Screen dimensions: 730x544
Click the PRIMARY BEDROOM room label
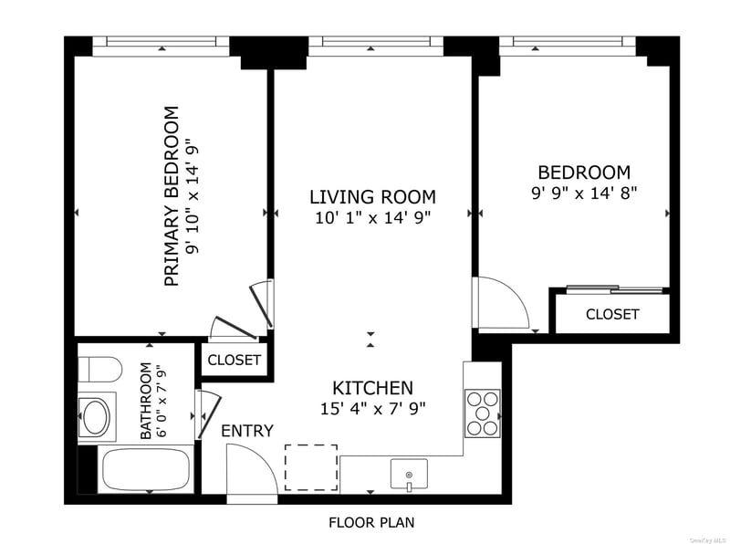pyautogui.click(x=172, y=196)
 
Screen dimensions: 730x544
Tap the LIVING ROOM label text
pyautogui.click(x=373, y=197)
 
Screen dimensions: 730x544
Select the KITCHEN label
pyautogui.click(x=373, y=388)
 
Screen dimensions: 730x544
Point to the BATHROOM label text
pyautogui.click(x=146, y=401)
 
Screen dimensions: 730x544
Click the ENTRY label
pyautogui.click(x=247, y=431)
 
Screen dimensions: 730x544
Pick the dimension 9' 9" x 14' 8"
pyautogui.click(x=584, y=193)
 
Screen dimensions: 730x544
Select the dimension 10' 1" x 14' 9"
pyautogui.click(x=373, y=217)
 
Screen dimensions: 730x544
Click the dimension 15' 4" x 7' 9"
pyautogui.click(x=373, y=409)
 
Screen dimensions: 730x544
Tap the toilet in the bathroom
pyautogui.click(x=99, y=370)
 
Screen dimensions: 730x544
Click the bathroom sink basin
pyautogui.click(x=96, y=417)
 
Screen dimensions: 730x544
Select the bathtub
pyautogui.click(x=146, y=469)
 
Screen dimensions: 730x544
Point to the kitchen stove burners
pyautogui.click(x=483, y=413)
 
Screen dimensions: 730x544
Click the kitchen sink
pyautogui.click(x=409, y=474)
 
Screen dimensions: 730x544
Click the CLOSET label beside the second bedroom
pyautogui.click(x=612, y=314)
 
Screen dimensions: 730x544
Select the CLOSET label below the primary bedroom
pyautogui.click(x=234, y=360)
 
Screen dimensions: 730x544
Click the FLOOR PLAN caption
pyautogui.click(x=371, y=523)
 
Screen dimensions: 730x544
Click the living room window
pyautogui.click(x=376, y=45)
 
